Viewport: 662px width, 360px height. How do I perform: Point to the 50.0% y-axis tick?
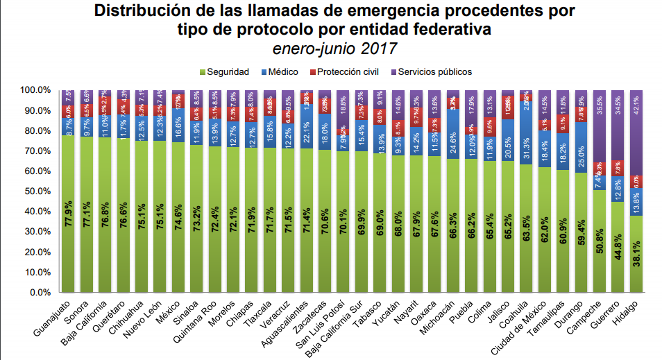[x=35, y=191]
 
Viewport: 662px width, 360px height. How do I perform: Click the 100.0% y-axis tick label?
[x=34, y=90]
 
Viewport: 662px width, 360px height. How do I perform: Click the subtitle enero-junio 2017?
[x=334, y=49]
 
